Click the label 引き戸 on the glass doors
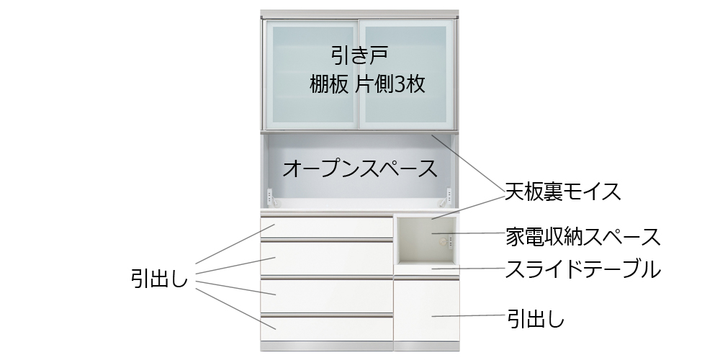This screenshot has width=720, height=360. coord(359,55)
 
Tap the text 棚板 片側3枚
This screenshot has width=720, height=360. coord(367,84)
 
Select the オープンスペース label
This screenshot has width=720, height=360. coord(359,168)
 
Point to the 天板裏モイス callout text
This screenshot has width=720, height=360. coord(562,192)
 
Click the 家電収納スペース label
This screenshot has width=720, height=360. coord(582,237)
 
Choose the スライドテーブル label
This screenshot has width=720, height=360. coord(582,269)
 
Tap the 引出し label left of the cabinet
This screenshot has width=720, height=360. coord(159,278)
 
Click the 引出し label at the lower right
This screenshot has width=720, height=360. coord(536,318)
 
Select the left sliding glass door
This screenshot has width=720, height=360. coord(312,74)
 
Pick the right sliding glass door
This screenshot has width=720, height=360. coord(406,74)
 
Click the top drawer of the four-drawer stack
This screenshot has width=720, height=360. coord(326,228)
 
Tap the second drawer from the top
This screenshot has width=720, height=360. coord(326,258)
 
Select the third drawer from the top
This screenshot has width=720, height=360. coord(326,295)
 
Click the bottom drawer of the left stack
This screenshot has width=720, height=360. coord(326,328)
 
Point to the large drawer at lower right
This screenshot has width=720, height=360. coord(426,310)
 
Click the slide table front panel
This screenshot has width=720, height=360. coord(426,270)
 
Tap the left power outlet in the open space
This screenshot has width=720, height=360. coord(269,196)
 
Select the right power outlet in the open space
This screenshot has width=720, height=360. coord(449,196)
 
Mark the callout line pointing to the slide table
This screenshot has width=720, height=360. coord(469,268)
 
